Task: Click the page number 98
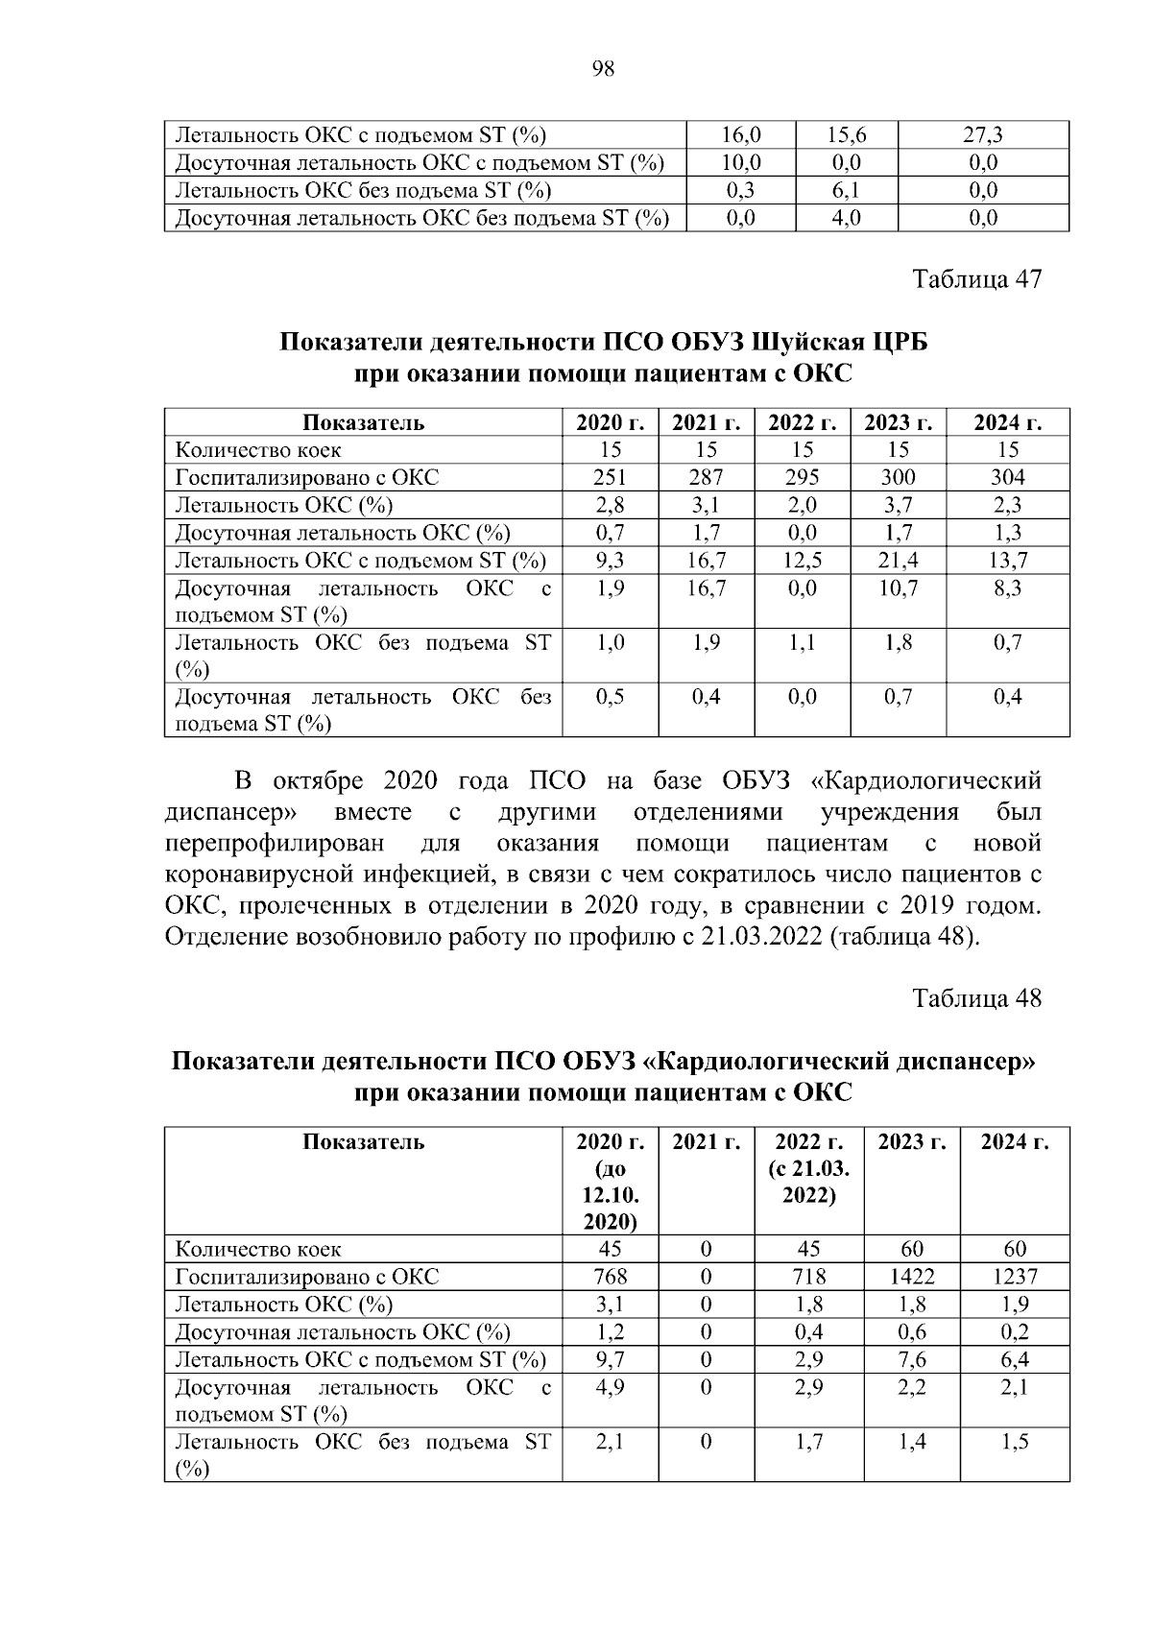pyautogui.click(x=604, y=69)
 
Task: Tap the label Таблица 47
pyautogui.click(x=976, y=279)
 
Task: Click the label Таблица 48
pyautogui.click(x=976, y=998)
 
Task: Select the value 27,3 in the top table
pyautogui.click(x=983, y=135)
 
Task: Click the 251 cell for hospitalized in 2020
pyautogui.click(x=610, y=477)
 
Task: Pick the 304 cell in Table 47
pyautogui.click(x=1007, y=477)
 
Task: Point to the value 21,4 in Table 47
pyautogui.click(x=898, y=561)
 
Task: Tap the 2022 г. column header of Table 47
pyautogui.click(x=802, y=422)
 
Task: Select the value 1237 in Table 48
pyautogui.click(x=1014, y=1277)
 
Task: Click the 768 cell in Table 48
pyautogui.click(x=610, y=1277)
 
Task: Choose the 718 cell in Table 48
pyautogui.click(x=808, y=1277)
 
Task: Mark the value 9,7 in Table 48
pyautogui.click(x=610, y=1359)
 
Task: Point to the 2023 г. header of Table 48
pyautogui.click(x=911, y=1142)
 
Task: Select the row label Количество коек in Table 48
pyautogui.click(x=257, y=1250)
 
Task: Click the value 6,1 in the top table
pyautogui.click(x=846, y=190)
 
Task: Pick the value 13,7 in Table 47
pyautogui.click(x=1007, y=561)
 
